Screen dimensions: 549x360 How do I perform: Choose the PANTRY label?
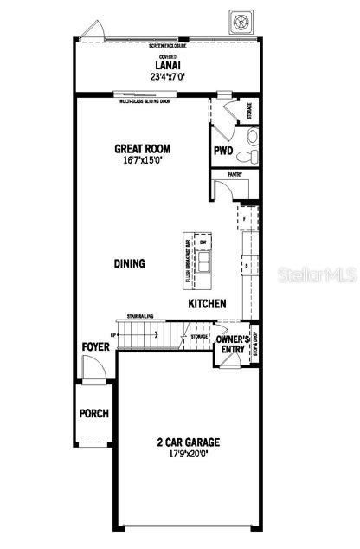point(235,174)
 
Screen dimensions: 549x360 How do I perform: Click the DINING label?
point(129,263)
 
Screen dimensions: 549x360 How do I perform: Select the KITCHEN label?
point(208,304)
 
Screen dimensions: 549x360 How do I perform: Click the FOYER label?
point(95,347)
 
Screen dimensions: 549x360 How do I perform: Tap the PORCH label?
point(94,413)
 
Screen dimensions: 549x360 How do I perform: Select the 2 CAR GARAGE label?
point(188,442)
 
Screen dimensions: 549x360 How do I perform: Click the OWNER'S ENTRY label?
point(231,344)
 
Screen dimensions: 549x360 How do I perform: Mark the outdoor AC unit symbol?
point(241,18)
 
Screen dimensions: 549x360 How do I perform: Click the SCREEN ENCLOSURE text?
point(167,45)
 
